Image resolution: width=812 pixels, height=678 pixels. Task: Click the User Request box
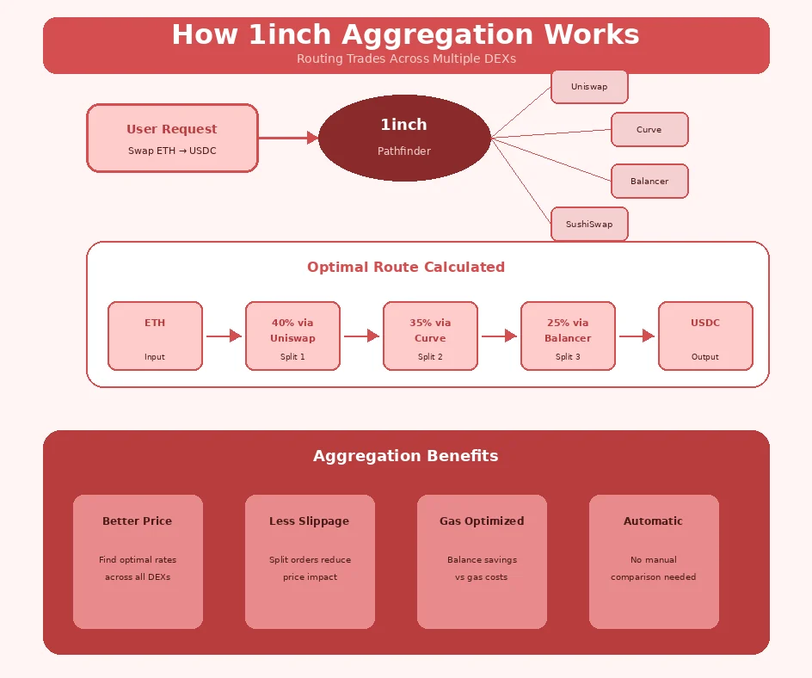click(x=172, y=138)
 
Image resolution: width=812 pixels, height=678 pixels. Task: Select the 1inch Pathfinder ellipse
click(x=404, y=138)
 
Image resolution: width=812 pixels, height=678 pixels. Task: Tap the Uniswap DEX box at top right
click(x=589, y=87)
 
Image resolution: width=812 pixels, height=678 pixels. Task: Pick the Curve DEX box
click(x=649, y=130)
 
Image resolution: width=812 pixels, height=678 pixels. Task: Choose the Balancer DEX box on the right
click(x=649, y=182)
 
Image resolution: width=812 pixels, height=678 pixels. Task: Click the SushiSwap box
click(x=589, y=225)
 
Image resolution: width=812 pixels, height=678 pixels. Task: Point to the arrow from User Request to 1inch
click(x=288, y=138)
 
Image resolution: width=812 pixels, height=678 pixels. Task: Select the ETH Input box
click(x=155, y=336)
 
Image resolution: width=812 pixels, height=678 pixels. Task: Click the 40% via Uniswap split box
click(x=292, y=336)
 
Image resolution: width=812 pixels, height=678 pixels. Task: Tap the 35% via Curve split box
click(x=430, y=336)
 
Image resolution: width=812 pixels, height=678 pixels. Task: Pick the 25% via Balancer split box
click(x=568, y=336)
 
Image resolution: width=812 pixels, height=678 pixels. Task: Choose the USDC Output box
click(x=705, y=336)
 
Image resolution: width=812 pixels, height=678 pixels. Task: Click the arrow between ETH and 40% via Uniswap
click(x=224, y=336)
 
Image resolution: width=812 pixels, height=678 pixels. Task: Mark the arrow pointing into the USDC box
click(x=637, y=336)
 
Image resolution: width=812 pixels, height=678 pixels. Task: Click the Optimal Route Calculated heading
click(x=406, y=267)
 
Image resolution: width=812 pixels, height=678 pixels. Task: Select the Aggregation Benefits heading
click(x=406, y=456)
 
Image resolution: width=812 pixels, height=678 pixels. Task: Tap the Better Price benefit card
click(x=138, y=561)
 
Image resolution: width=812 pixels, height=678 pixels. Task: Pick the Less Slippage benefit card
click(x=310, y=561)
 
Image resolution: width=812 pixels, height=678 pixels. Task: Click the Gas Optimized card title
click(x=482, y=521)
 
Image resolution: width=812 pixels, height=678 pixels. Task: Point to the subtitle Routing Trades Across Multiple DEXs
click(x=406, y=59)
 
